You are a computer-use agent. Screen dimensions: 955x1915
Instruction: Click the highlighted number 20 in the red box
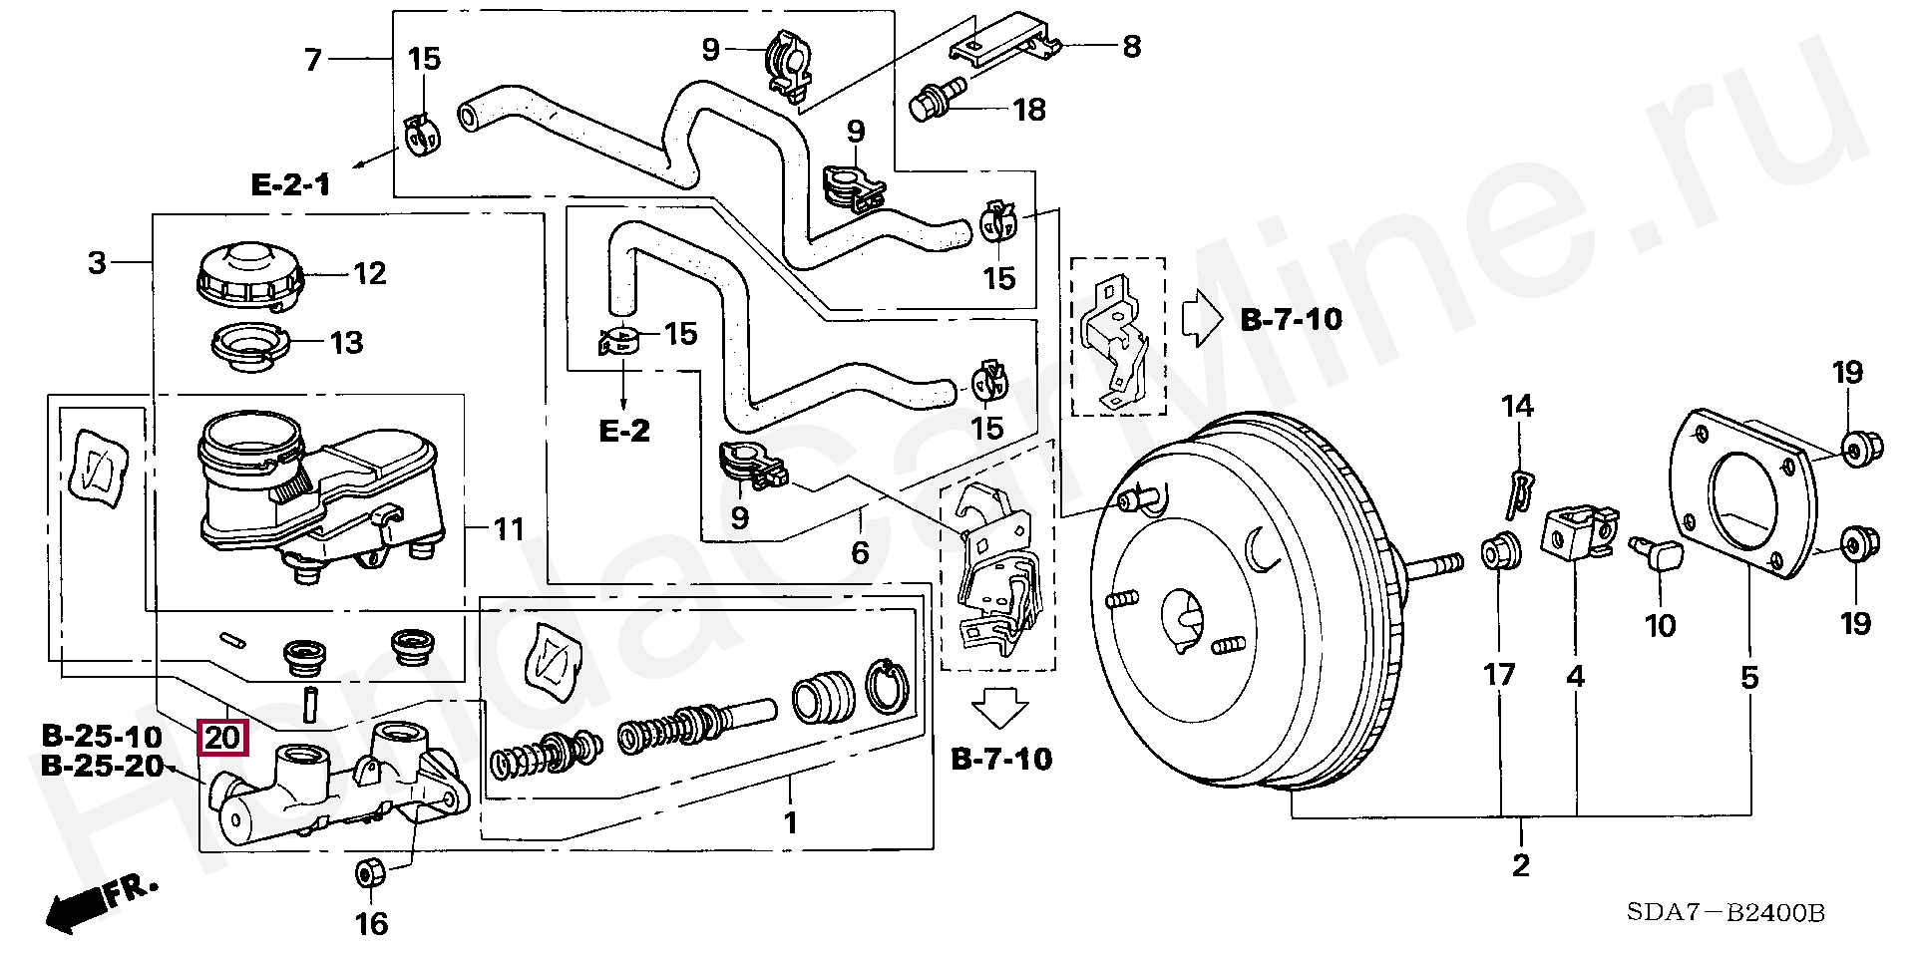click(222, 739)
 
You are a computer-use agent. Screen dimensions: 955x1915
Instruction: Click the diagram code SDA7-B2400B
click(1724, 912)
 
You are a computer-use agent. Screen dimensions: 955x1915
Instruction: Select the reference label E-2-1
click(290, 184)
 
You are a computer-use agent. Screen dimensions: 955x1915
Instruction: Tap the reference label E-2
click(624, 431)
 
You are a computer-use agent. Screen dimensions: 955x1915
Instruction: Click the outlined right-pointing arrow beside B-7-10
click(1201, 319)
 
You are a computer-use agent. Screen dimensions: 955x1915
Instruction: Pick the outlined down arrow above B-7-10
click(1000, 713)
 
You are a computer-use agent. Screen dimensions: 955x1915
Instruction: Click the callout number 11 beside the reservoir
click(509, 528)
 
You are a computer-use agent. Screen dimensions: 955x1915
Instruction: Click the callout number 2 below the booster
click(1520, 864)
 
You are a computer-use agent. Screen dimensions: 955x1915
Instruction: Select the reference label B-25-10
click(102, 737)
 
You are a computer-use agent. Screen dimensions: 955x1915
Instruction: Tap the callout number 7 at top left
click(313, 61)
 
